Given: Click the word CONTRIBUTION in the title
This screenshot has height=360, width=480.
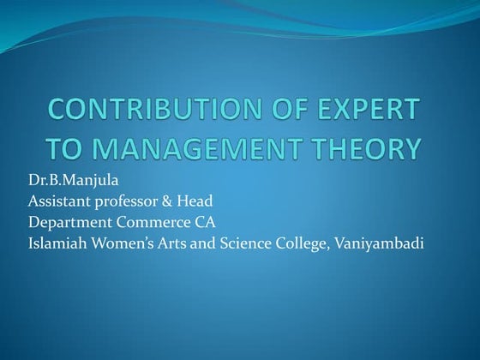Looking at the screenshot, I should [x=170, y=111].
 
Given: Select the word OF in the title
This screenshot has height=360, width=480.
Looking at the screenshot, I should [x=288, y=111].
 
